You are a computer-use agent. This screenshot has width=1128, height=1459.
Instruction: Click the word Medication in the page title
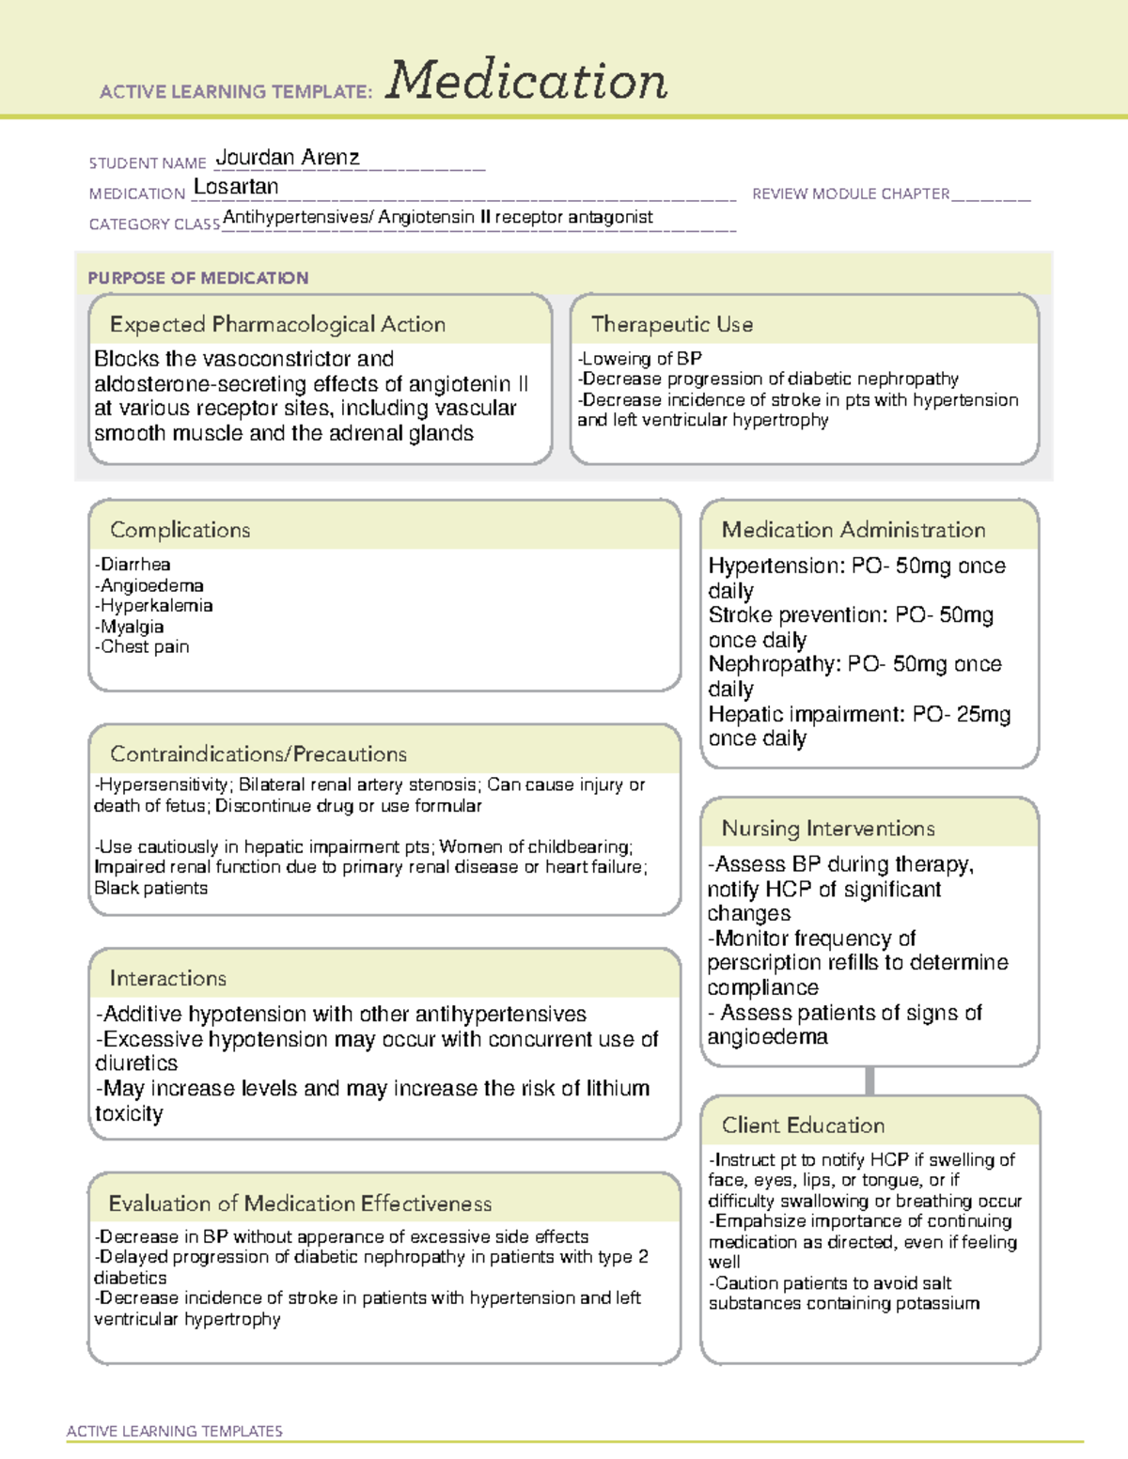coord(526,81)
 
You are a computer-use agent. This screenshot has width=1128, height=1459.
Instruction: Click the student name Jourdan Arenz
coord(288,158)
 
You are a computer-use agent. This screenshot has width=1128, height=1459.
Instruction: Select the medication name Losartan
coord(236,187)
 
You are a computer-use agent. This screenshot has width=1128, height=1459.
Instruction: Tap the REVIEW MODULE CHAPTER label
coord(851,194)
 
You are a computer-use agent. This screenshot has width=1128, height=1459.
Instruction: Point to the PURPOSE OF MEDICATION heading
coord(197,278)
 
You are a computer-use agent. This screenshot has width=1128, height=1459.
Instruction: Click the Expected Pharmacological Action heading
coord(277,324)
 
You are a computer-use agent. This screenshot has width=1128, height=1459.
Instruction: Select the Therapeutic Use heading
coord(671,324)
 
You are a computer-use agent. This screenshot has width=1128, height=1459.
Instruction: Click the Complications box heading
coord(180,530)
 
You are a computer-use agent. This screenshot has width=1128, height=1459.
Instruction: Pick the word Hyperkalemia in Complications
coord(156,606)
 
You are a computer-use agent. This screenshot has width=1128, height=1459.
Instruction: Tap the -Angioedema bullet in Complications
coord(149,585)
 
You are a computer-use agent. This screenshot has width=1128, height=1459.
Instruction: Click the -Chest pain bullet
coord(142,646)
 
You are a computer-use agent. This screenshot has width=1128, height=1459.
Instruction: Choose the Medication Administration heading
coord(853,530)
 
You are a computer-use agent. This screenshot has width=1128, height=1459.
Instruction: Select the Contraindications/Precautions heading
coord(258,753)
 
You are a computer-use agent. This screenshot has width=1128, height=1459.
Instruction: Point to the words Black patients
coord(150,888)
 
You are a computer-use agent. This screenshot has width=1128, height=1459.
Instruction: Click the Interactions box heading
coord(167,978)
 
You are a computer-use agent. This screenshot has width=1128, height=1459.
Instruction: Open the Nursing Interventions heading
coord(827,829)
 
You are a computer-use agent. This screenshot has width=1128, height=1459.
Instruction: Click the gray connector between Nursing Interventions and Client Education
coord(869,1080)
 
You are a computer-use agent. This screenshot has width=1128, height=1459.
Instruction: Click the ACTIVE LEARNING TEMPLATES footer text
coord(175,1431)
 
